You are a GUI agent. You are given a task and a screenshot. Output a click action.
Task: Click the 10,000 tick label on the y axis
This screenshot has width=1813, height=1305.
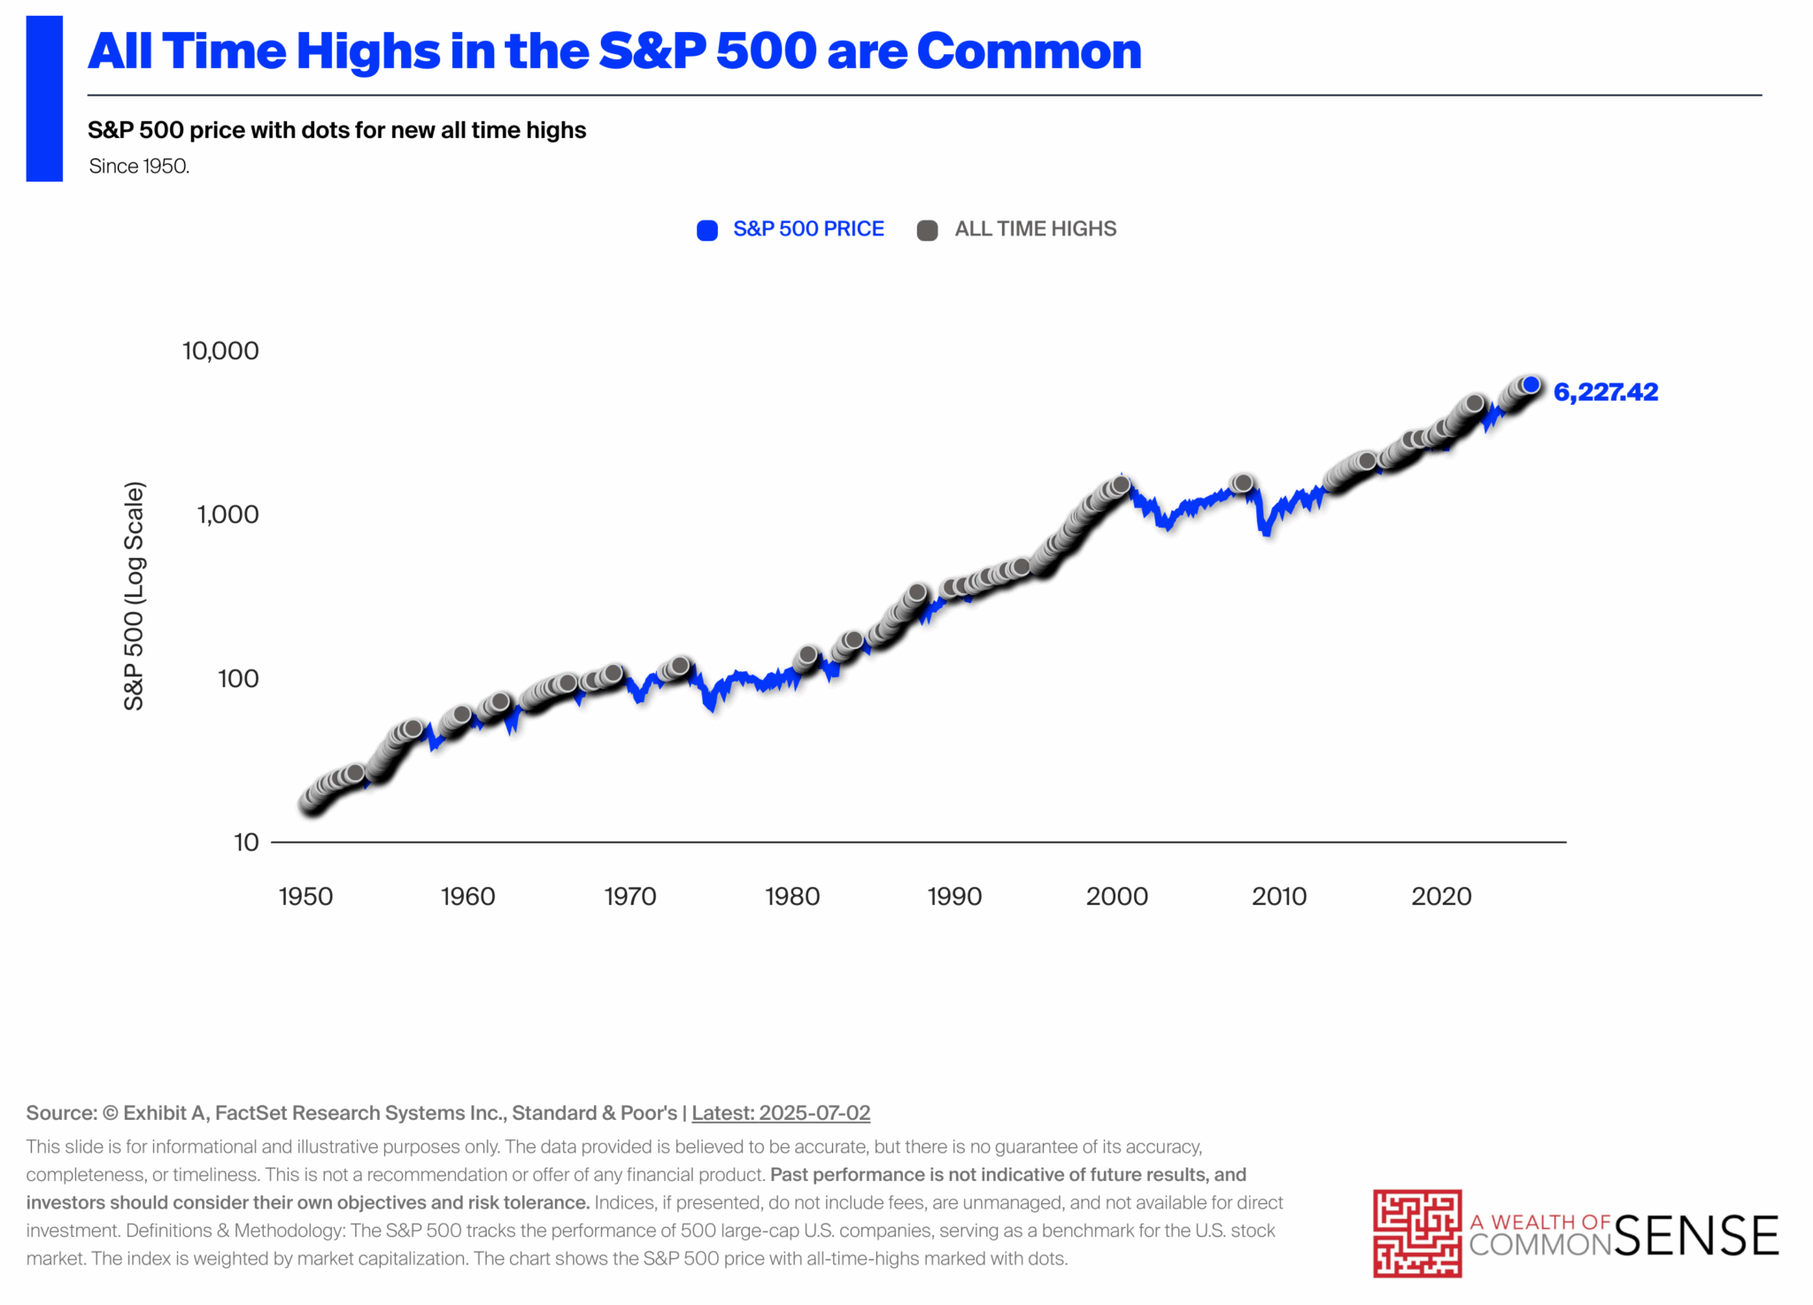coord(220,351)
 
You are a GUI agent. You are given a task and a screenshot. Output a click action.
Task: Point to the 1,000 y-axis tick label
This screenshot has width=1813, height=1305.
coord(228,515)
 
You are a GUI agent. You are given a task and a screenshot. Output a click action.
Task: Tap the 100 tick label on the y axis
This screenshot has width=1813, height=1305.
coord(238,679)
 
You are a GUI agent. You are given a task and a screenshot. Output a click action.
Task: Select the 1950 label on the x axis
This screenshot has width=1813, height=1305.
coord(305,897)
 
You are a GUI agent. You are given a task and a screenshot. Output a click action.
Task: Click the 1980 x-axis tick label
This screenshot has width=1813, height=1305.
coord(792,897)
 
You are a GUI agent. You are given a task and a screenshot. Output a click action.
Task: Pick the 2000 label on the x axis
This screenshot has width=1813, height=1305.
coord(1116,897)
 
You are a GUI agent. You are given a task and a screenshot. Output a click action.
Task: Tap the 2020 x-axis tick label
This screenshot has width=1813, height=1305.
coord(1441,897)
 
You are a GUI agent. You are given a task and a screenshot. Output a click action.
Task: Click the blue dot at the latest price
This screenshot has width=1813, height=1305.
coord(1531,385)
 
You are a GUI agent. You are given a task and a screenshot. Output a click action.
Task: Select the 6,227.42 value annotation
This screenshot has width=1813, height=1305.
coord(1605,392)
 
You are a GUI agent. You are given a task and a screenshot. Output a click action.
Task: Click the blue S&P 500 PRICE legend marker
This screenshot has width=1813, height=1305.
coord(707,230)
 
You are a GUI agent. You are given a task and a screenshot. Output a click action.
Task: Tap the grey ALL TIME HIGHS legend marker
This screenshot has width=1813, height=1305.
coord(927,230)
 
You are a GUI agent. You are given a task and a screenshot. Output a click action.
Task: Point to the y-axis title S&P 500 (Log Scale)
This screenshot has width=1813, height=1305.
coord(134,596)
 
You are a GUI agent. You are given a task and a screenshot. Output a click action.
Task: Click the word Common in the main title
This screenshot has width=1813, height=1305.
coord(1029,51)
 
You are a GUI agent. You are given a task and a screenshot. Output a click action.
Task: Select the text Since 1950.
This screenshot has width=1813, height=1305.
coord(139,166)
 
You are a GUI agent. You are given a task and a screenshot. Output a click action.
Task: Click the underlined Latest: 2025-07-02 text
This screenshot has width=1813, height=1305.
coord(781,1113)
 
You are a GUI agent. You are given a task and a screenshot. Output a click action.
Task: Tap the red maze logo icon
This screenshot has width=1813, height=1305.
coord(1416,1233)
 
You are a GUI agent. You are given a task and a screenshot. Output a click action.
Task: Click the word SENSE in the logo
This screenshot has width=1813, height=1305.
coord(1696,1236)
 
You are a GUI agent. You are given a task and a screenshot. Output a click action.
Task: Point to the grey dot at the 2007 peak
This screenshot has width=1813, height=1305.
coord(1243,483)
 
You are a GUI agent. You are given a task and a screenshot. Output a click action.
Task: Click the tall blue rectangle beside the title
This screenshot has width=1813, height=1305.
coord(44,98)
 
